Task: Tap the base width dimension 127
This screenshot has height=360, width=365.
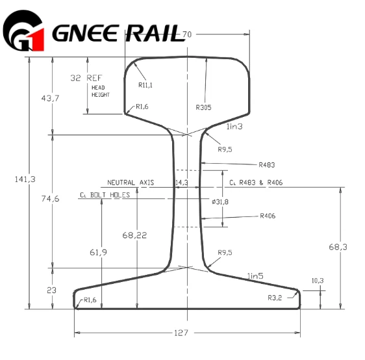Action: (x=181, y=333)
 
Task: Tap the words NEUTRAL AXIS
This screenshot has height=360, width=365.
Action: (x=131, y=183)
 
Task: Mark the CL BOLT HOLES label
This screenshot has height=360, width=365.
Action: (x=105, y=194)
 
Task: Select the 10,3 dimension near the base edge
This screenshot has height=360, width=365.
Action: (x=318, y=281)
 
